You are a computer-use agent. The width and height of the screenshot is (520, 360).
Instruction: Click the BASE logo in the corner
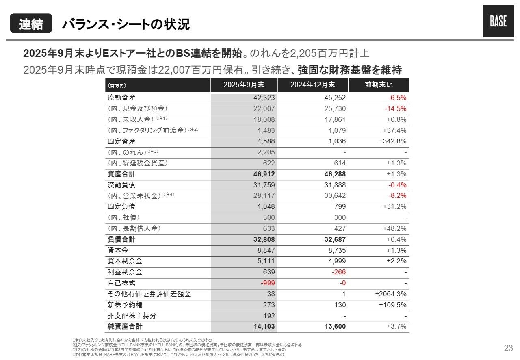click(498, 22)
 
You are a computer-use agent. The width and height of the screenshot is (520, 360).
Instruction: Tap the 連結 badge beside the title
click(31, 24)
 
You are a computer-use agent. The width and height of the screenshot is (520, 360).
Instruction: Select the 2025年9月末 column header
click(244, 85)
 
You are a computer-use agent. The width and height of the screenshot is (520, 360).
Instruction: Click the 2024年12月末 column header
click(312, 85)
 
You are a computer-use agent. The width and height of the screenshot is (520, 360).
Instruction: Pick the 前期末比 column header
click(379, 85)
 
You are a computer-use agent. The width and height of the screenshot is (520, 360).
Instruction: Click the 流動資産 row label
click(121, 98)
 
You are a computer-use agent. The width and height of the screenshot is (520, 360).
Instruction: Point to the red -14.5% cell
click(395, 108)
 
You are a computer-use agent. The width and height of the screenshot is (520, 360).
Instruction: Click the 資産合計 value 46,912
click(263, 174)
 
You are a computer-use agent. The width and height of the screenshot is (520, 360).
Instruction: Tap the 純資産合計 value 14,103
click(263, 326)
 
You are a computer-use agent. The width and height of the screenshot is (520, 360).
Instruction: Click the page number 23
click(508, 348)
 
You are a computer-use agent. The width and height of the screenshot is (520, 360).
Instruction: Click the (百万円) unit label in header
click(117, 86)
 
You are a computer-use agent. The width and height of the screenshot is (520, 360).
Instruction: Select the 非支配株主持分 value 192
click(269, 315)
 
